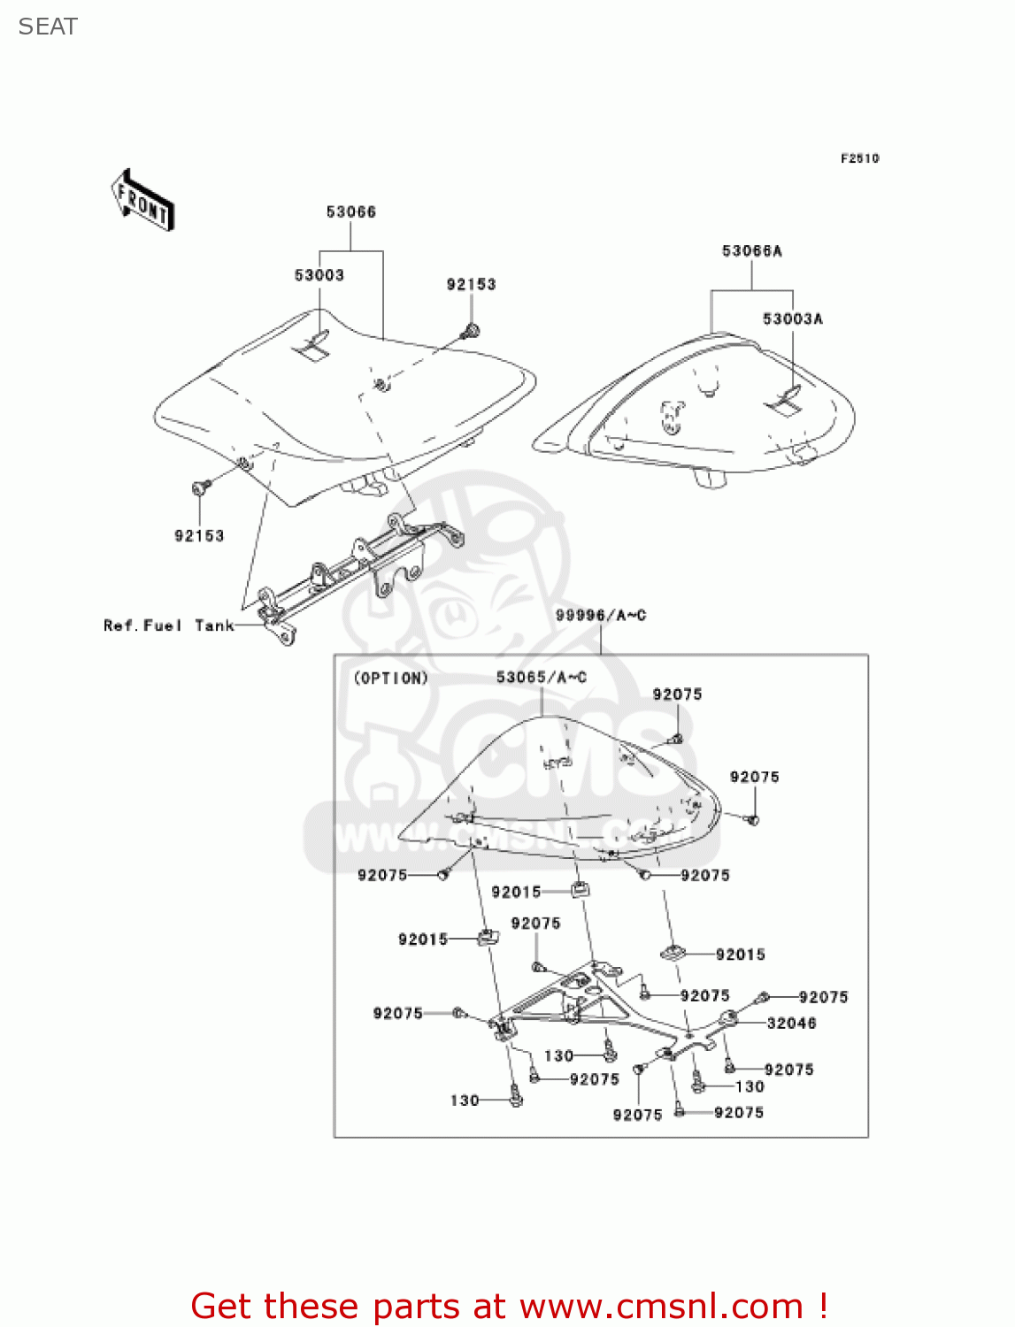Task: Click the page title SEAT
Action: point(48,27)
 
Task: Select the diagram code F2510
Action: point(859,158)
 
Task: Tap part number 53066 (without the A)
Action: point(350,212)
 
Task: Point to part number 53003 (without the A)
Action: point(319,275)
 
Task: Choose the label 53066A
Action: point(751,251)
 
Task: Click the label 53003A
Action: point(792,318)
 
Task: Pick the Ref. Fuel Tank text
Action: point(169,625)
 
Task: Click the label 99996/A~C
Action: point(601,615)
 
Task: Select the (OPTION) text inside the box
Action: point(391,678)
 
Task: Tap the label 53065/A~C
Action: point(541,677)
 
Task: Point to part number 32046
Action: point(791,1023)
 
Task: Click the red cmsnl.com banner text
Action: point(509,1306)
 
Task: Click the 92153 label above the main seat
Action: point(471,285)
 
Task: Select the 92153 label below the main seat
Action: point(199,535)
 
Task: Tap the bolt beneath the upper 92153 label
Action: point(470,332)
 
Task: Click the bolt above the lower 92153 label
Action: point(200,487)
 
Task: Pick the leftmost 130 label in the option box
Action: point(465,1100)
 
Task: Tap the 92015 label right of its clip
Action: point(740,955)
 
